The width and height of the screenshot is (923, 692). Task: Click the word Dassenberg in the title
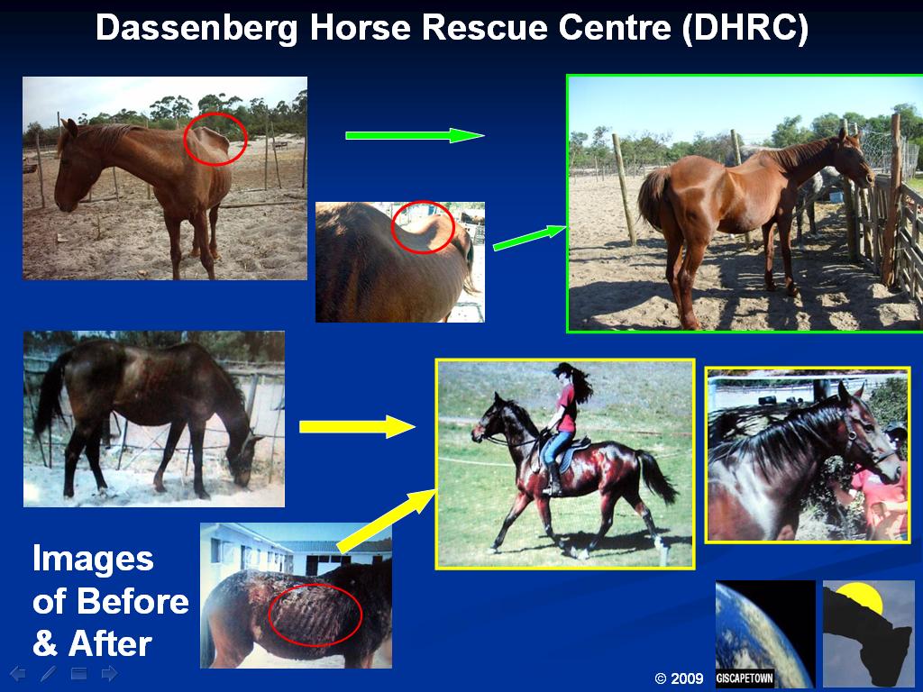click(197, 28)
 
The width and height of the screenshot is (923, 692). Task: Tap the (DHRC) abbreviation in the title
click(745, 28)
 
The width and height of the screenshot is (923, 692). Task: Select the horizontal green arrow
click(415, 135)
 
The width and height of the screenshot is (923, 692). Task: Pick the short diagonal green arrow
click(529, 237)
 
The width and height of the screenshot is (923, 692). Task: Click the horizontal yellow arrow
click(357, 426)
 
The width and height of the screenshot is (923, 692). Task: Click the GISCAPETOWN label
click(744, 678)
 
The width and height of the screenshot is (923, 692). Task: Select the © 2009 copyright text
click(679, 678)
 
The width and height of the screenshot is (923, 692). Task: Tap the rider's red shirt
click(566, 408)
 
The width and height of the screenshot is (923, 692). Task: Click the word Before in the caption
click(133, 601)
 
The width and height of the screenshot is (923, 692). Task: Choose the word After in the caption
click(110, 643)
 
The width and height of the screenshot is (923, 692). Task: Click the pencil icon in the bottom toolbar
click(49, 674)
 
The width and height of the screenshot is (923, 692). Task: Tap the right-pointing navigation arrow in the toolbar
click(109, 673)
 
